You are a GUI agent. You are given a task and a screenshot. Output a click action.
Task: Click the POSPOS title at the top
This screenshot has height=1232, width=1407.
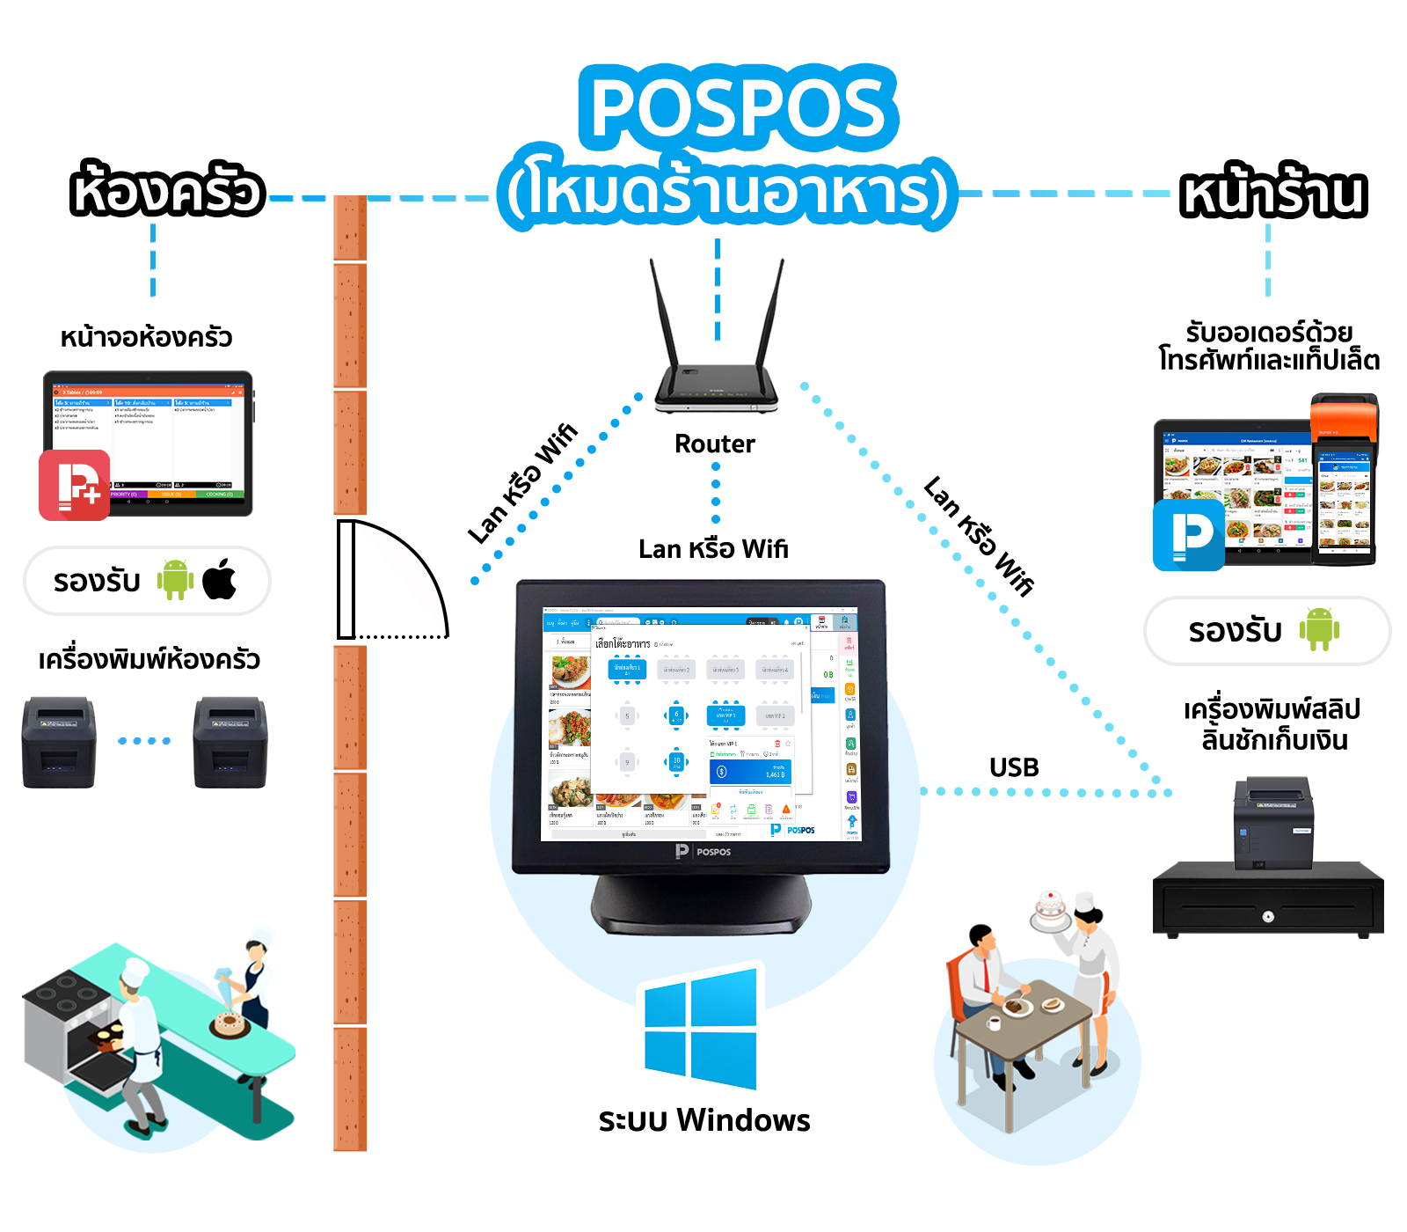point(737,107)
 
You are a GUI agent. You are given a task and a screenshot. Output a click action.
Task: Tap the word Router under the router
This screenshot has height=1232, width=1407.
point(714,444)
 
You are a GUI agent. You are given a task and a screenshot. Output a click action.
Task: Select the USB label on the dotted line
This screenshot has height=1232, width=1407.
point(1013,767)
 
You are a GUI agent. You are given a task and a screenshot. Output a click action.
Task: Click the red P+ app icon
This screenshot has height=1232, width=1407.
point(75,485)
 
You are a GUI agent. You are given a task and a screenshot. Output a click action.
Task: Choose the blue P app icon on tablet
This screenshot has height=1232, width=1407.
point(1188,534)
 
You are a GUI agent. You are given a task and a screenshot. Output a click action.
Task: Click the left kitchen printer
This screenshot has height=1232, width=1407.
point(58,741)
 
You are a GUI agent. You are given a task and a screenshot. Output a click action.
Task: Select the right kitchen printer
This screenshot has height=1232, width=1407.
point(230,741)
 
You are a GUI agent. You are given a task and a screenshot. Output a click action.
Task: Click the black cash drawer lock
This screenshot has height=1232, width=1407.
point(1267,916)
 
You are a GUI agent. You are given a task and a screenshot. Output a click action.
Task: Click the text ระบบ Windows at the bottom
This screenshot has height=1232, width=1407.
point(703,1120)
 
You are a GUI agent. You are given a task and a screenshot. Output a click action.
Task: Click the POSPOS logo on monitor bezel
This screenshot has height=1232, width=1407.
point(703,851)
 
